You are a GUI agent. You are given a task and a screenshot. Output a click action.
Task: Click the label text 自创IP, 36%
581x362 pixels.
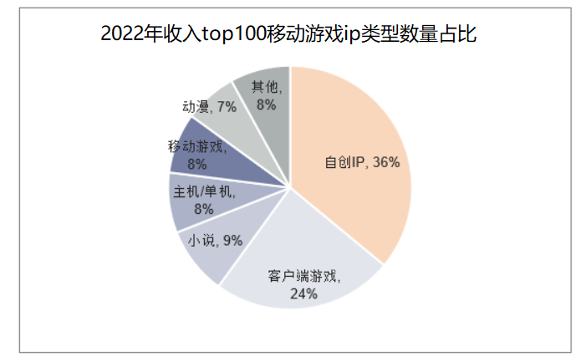pyautogui.click(x=362, y=162)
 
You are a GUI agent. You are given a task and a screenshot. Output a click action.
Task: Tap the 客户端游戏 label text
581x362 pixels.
pyautogui.click(x=304, y=275)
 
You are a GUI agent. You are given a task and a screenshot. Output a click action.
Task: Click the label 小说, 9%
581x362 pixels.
pyautogui.click(x=215, y=241)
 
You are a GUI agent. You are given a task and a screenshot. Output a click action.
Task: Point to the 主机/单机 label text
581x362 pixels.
pyautogui.click(x=204, y=191)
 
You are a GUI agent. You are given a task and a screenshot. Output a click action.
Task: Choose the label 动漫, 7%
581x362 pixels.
pyautogui.click(x=209, y=106)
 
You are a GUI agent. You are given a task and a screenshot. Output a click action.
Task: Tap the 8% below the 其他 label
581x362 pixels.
pyautogui.click(x=266, y=105)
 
